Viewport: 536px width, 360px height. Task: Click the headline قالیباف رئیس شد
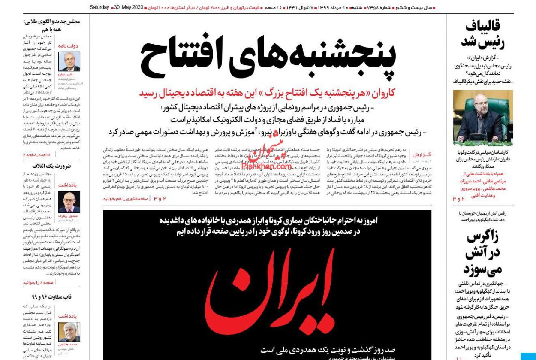click(483, 34)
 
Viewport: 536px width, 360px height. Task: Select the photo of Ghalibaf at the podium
click(483, 118)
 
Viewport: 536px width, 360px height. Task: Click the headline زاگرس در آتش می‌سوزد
click(483, 253)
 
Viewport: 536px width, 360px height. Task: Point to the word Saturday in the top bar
click(99, 8)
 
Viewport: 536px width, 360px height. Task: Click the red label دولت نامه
click(69, 46)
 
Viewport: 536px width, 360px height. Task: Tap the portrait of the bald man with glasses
click(69, 202)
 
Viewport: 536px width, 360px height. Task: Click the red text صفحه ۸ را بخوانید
click(38, 282)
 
